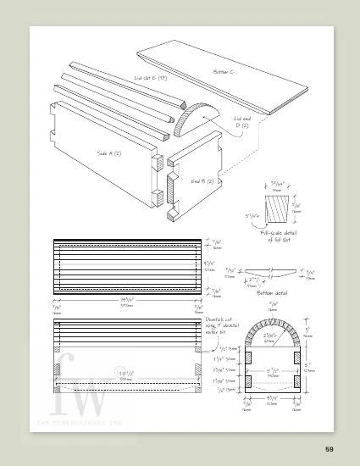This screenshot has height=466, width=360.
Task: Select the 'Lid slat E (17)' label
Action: click(x=150, y=81)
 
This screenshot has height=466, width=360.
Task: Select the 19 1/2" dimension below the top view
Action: click(x=127, y=302)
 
